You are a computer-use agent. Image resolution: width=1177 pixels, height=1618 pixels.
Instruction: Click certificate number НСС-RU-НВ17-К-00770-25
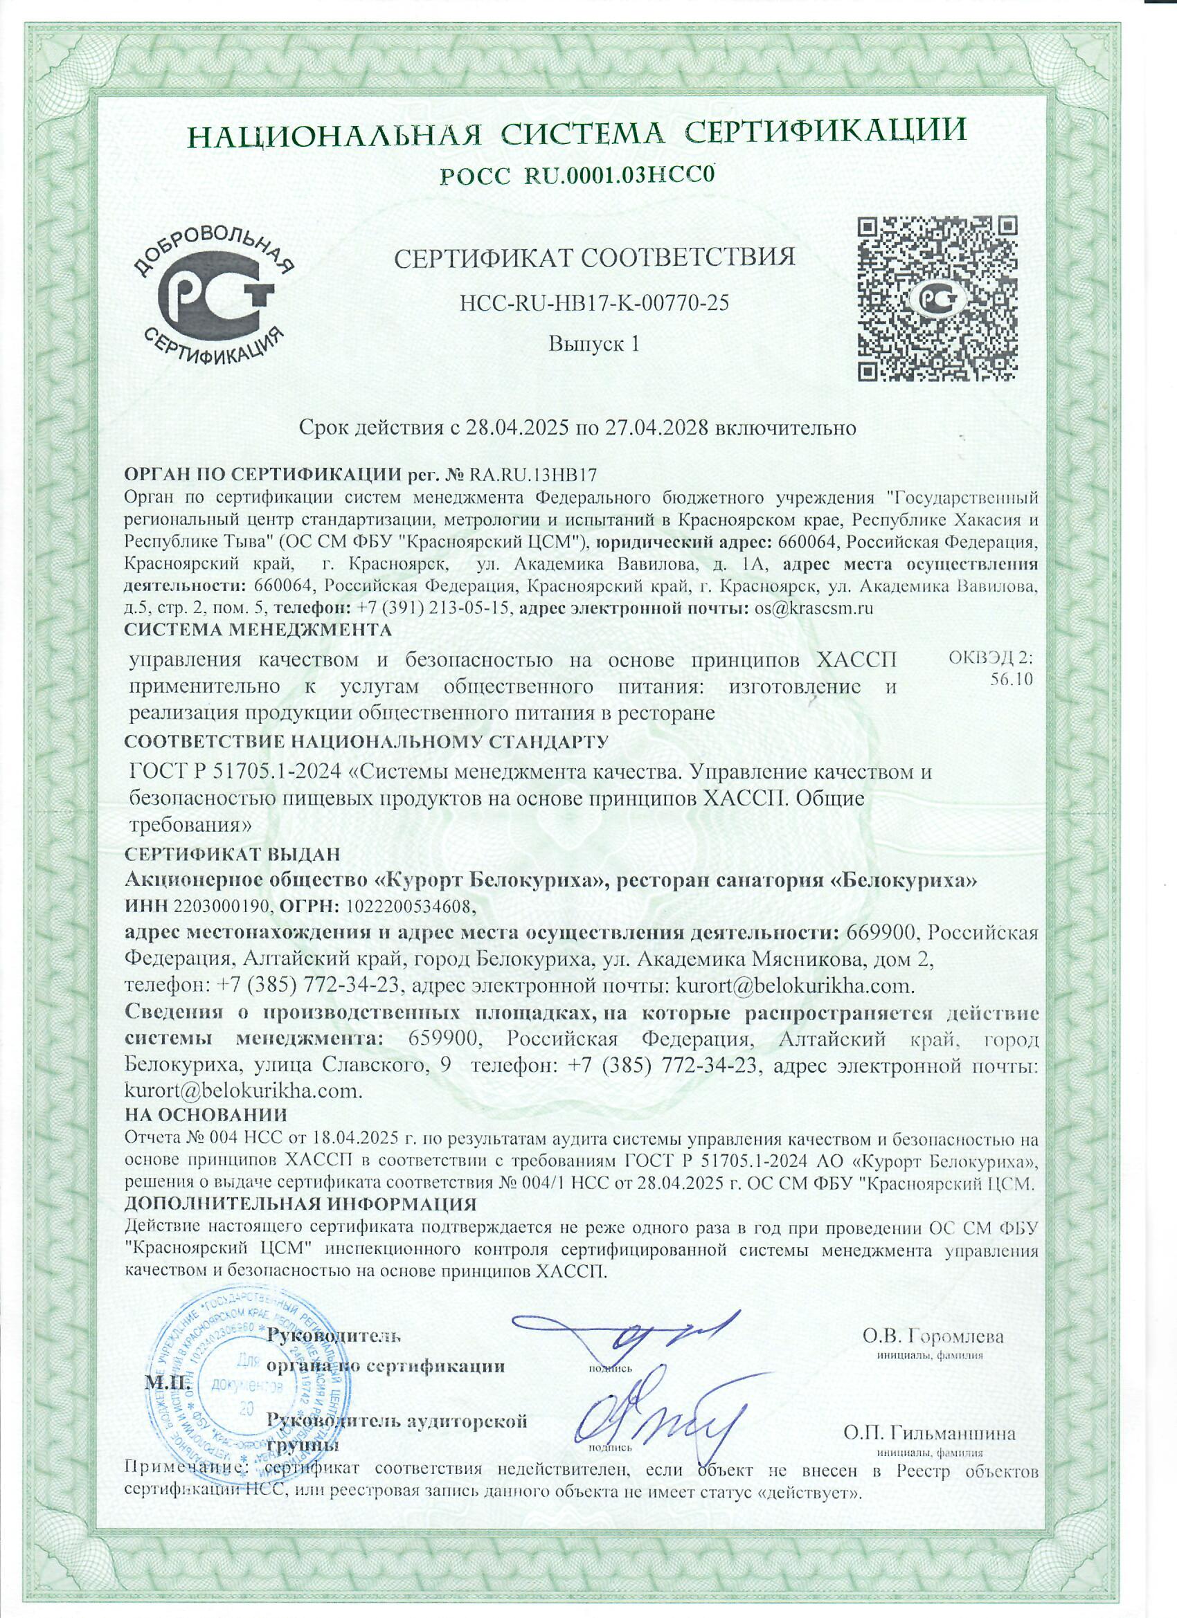click(x=595, y=303)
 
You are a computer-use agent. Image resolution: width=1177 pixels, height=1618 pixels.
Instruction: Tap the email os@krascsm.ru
click(x=814, y=608)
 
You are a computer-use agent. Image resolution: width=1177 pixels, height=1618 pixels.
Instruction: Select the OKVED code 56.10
click(x=1012, y=678)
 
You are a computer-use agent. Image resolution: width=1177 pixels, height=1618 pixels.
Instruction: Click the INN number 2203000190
click(x=221, y=907)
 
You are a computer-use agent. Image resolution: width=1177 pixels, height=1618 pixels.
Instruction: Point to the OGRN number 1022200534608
click(x=408, y=907)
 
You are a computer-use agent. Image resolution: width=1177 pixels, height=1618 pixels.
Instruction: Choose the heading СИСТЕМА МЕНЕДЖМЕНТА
click(x=259, y=630)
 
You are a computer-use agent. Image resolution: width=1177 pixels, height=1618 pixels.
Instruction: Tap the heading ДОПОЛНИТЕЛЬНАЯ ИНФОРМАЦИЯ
click(x=300, y=1204)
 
